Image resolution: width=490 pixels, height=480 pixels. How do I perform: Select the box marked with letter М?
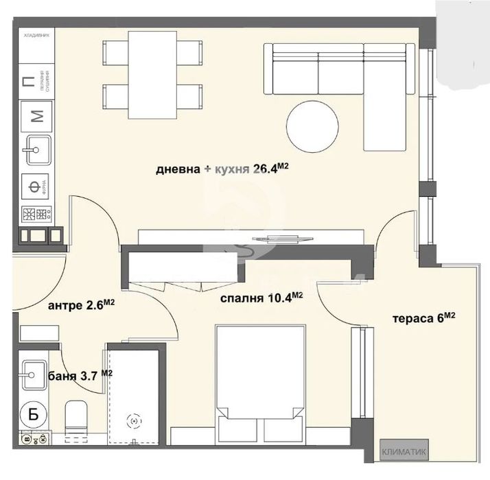38,115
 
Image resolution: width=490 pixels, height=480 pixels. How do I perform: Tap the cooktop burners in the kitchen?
38,214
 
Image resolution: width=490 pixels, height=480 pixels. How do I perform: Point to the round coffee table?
312,127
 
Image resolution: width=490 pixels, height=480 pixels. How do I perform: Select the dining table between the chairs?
152,75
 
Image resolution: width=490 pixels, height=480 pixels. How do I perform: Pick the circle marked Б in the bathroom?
32,413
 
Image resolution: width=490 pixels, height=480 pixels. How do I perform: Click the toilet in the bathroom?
76,418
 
